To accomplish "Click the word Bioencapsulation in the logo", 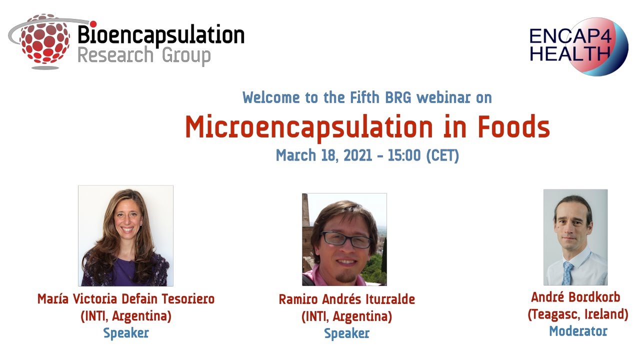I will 160,36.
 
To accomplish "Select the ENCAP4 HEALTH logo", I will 578,45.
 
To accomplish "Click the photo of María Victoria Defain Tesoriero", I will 125,235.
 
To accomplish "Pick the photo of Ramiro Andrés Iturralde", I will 344,239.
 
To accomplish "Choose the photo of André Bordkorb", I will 575,237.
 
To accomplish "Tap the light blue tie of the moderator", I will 568,273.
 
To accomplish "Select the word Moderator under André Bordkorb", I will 578,331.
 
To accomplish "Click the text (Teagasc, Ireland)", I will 578,314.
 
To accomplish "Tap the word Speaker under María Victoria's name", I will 125,333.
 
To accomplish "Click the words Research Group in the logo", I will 144,55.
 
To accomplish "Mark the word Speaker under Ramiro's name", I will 346,333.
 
